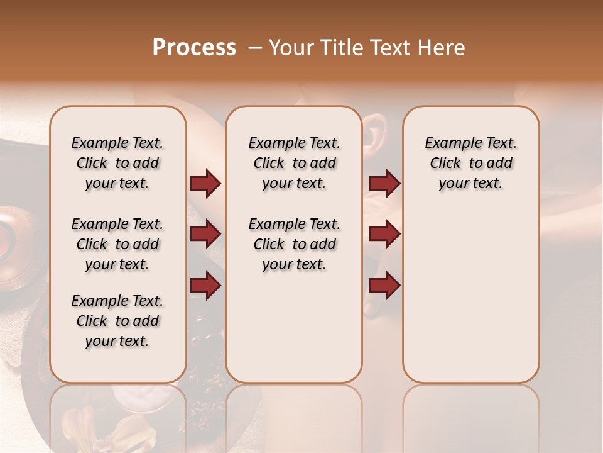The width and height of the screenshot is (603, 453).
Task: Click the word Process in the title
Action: [194, 48]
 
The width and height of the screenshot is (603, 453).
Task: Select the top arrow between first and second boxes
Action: [205, 183]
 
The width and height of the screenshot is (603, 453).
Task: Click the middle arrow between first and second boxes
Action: [205, 234]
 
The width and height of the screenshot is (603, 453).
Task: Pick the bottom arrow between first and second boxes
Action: [205, 285]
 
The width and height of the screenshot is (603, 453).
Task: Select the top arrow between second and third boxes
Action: [384, 183]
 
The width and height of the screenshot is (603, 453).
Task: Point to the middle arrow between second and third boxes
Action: [384, 234]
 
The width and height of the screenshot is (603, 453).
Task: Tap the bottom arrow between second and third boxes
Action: [384, 285]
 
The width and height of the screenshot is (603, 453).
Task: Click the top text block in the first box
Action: [117, 163]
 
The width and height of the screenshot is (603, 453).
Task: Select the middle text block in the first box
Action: [117, 244]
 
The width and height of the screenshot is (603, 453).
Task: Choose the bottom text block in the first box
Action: [117, 321]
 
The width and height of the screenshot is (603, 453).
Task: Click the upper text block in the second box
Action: [294, 163]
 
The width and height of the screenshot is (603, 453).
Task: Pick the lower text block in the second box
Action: [294, 244]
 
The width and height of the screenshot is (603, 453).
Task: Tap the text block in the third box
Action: [470, 163]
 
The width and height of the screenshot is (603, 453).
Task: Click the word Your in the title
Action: [290, 48]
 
